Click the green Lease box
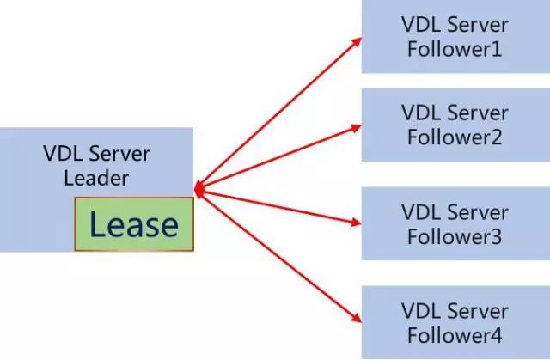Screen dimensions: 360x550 click(x=134, y=224)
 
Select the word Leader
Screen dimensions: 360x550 click(x=97, y=179)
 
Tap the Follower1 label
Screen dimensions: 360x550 click(x=455, y=49)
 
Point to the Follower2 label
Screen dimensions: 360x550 click(x=455, y=136)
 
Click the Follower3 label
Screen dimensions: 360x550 click(x=455, y=235)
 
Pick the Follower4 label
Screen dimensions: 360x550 click(x=455, y=333)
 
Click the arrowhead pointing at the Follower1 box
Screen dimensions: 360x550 click(x=354, y=40)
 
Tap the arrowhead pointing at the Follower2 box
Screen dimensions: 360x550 click(x=354, y=126)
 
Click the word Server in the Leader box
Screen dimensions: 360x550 click(x=120, y=156)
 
